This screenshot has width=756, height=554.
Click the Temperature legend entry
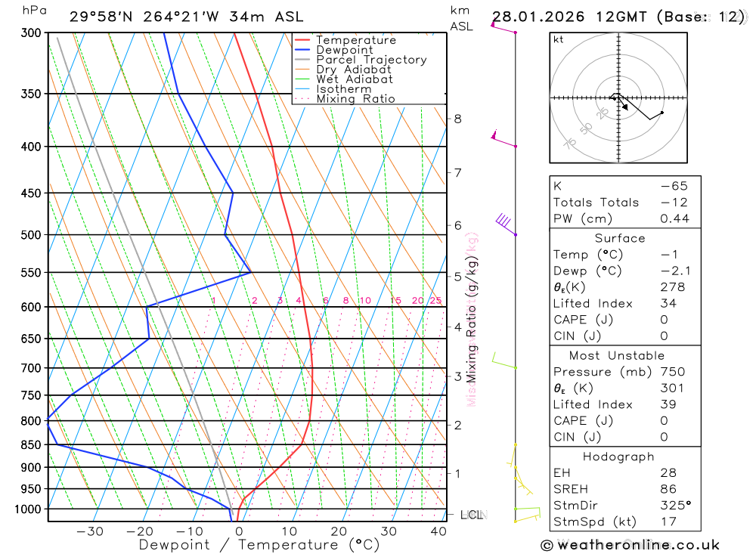click(x=355, y=40)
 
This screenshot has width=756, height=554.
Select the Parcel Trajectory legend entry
click(x=371, y=60)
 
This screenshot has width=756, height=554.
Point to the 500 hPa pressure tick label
click(x=31, y=235)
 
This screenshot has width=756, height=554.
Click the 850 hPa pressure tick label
click(x=31, y=445)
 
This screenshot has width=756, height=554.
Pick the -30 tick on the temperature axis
click(x=90, y=531)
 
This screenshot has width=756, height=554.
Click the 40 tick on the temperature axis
click(x=438, y=531)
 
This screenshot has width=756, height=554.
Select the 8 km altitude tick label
click(x=457, y=119)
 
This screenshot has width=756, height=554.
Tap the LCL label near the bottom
click(x=472, y=515)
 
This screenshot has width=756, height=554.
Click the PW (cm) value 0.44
click(x=674, y=218)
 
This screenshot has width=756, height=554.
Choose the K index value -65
click(x=674, y=186)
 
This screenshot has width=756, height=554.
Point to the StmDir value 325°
click(x=674, y=505)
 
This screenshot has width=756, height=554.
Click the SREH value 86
click(x=668, y=489)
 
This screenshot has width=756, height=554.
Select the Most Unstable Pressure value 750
click(x=673, y=372)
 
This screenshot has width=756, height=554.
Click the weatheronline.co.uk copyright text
click(x=630, y=545)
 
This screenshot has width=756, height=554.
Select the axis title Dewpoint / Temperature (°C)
click(x=249, y=545)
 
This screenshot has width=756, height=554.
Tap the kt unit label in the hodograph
click(x=559, y=39)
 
